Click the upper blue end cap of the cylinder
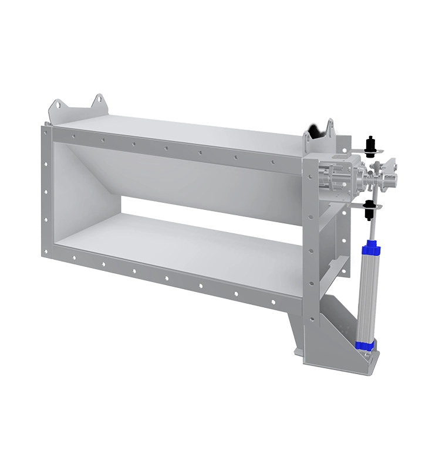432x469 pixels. (371, 249)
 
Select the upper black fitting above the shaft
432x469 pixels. (370, 144)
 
